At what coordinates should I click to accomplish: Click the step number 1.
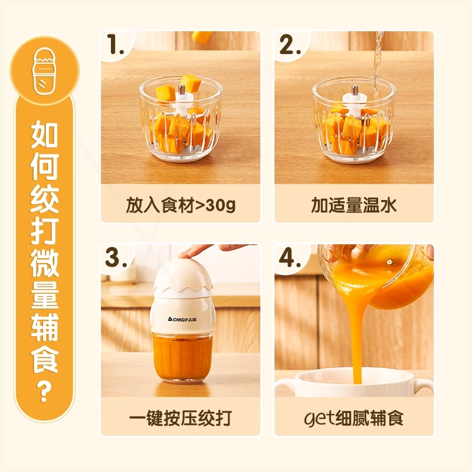tap(116, 45)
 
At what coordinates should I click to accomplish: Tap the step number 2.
tap(290, 45)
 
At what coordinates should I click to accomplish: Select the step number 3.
tap(117, 258)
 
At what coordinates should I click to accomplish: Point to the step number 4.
tap(290, 258)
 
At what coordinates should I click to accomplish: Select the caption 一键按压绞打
tap(181, 418)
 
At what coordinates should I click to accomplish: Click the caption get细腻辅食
tap(354, 418)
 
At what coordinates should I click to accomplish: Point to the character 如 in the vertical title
tap(44, 136)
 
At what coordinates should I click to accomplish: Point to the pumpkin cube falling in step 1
tap(202, 36)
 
